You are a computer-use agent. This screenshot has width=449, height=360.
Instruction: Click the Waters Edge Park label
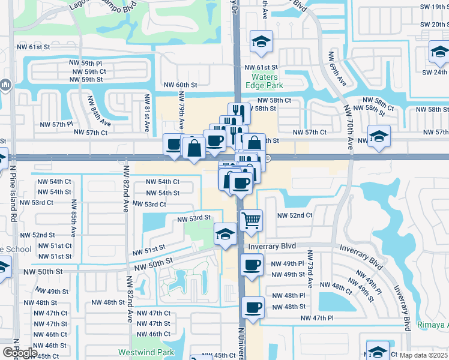[265, 81]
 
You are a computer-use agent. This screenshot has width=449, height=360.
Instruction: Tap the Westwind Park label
[138, 352]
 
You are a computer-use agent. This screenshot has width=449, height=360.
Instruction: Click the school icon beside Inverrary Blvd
[225, 233]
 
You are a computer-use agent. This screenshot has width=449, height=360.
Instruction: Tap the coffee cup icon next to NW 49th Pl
[252, 264]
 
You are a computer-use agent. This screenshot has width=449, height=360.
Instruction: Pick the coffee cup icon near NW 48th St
[252, 307]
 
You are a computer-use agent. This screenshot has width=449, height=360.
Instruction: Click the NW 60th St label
[181, 85]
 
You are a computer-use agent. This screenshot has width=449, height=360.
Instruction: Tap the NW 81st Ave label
[146, 112]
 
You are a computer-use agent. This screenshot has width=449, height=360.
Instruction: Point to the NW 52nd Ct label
[295, 215]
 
